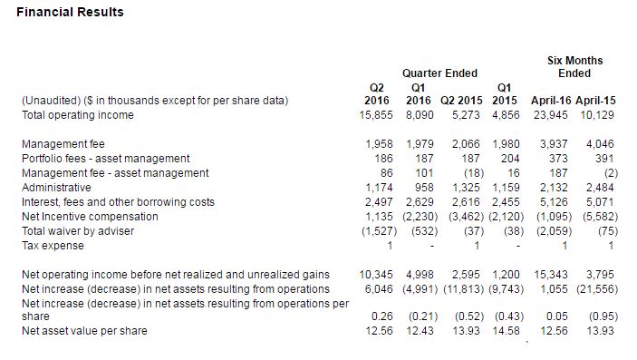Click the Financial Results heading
pyautogui.click(x=70, y=12)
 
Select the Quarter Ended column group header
pyautogui.click(x=439, y=73)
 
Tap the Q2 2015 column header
pyautogui.click(x=461, y=101)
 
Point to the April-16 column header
pyautogui.click(x=551, y=101)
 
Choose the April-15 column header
pyautogui.click(x=595, y=101)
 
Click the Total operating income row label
pyautogui.click(x=78, y=115)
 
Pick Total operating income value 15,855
pyautogui.click(x=376, y=115)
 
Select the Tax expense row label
pyautogui.click(x=53, y=246)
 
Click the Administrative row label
pyautogui.click(x=56, y=188)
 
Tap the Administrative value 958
pyautogui.click(x=425, y=188)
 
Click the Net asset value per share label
pyautogui.click(x=84, y=331)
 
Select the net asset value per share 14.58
pyautogui.click(x=506, y=331)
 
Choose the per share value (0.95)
pyautogui.click(x=603, y=316)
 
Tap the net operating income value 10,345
pyautogui.click(x=376, y=275)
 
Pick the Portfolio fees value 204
pyautogui.click(x=510, y=159)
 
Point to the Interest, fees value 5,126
pyautogui.click(x=554, y=202)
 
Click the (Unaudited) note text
pyautogui.click(x=155, y=101)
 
